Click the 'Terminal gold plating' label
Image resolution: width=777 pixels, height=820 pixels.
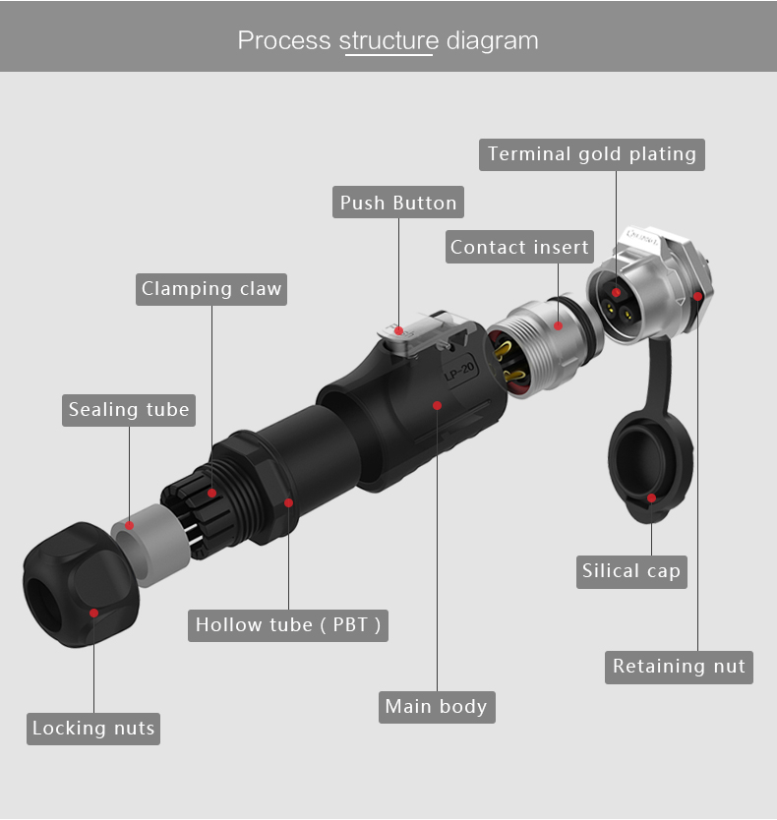tap(592, 154)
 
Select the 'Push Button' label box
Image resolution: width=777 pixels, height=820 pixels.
tap(398, 202)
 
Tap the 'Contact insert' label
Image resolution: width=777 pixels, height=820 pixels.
tap(519, 247)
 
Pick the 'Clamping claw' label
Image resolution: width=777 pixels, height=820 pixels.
tap(211, 289)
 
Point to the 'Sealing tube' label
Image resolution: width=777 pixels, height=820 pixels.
tap(129, 410)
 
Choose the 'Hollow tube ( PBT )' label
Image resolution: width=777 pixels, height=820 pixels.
tap(288, 625)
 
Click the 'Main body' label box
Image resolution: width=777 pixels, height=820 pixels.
tap(437, 707)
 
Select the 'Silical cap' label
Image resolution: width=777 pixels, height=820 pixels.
tap(631, 571)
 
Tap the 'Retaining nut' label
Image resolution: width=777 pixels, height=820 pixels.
tap(679, 668)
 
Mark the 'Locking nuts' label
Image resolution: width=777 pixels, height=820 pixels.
tap(93, 729)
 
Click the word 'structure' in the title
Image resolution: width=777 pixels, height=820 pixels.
tap(388, 40)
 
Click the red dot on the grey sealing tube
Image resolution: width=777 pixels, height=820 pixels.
tap(129, 525)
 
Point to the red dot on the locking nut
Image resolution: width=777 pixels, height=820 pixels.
tap(94, 613)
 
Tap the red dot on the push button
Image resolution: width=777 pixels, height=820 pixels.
tap(398, 331)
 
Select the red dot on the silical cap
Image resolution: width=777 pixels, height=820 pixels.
tap(651, 498)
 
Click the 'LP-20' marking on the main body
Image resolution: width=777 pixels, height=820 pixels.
tap(459, 371)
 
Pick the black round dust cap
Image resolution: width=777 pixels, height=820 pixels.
tap(650, 466)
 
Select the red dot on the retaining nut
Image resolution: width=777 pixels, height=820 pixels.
tap(697, 297)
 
